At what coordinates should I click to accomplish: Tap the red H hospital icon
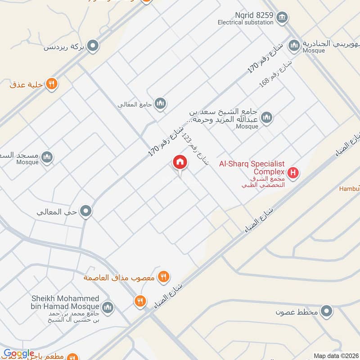(x=293, y=172)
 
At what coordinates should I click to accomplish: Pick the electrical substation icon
(x=282, y=18)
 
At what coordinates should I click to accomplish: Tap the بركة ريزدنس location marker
(x=93, y=46)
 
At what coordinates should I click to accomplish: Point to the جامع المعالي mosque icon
(x=160, y=104)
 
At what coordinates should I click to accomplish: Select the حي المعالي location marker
(x=86, y=211)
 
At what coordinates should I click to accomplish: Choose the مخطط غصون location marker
(x=327, y=311)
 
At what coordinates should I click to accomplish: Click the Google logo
(x=19, y=354)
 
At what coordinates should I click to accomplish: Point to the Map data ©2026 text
(x=336, y=355)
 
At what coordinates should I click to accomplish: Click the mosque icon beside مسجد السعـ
(x=47, y=157)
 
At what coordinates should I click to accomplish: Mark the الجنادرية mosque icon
(x=294, y=45)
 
